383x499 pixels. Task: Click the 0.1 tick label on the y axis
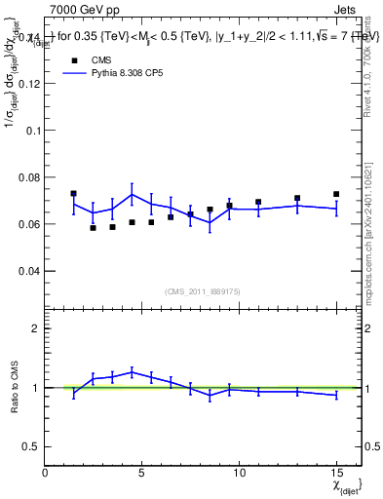point(34,130)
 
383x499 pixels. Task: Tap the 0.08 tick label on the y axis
point(30,176)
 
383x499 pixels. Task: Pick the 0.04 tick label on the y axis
point(30,270)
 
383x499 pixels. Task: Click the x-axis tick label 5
point(142,472)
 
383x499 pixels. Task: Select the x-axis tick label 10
point(239,472)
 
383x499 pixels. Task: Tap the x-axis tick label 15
point(336,472)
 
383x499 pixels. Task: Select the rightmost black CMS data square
point(336,194)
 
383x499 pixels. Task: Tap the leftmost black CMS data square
point(74,193)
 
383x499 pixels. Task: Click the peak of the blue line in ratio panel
point(133,371)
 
